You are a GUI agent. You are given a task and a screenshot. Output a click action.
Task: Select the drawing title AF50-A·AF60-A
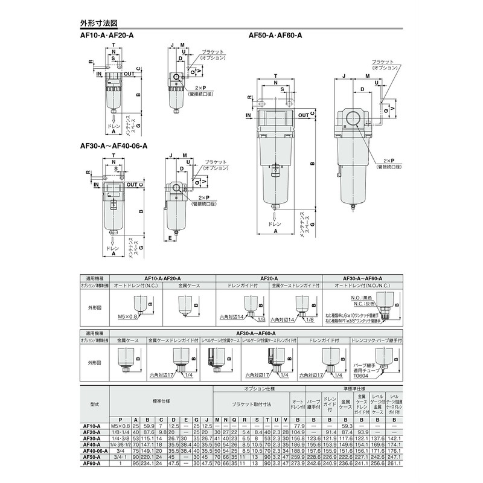pyautogui.click(x=275, y=36)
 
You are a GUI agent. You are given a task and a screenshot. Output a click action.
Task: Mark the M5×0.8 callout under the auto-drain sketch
pyautogui.click(x=128, y=316)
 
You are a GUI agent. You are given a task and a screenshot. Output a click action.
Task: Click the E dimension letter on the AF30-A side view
pyautogui.click(x=171, y=238)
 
